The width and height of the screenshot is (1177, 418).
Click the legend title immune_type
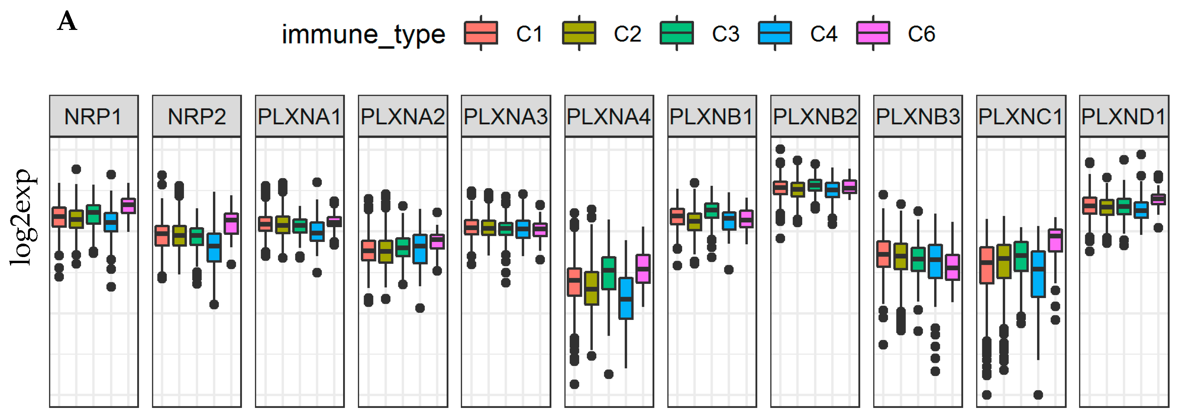point(363,34)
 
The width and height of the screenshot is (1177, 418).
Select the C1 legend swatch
point(481,33)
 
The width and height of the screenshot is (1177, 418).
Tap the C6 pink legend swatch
point(873,33)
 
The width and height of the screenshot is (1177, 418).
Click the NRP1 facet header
point(94,116)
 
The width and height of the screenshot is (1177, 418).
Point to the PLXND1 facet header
point(1124,116)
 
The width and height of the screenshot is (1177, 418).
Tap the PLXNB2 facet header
point(815,116)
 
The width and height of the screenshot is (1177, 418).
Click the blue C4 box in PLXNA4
point(626,298)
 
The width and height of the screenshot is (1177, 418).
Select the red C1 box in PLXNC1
point(987,265)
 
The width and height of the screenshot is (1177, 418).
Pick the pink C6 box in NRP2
point(231,223)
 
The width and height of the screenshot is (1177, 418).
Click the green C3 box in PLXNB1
point(711,210)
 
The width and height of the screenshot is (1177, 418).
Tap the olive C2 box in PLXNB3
point(900,256)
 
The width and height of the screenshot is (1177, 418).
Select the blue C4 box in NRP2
point(214,247)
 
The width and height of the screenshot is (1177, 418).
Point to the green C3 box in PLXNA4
point(609,273)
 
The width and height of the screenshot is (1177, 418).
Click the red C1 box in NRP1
point(59,217)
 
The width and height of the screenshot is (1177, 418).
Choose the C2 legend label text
point(627,34)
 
